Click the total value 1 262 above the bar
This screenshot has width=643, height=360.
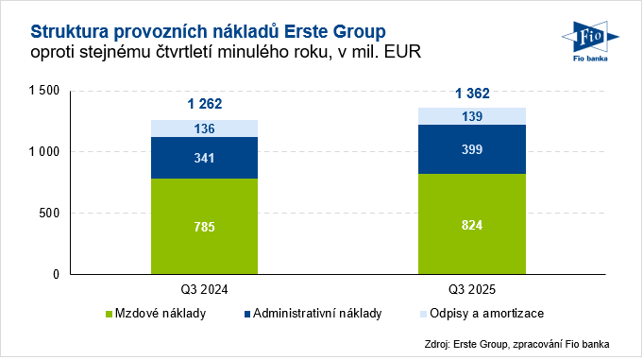[x=204, y=104]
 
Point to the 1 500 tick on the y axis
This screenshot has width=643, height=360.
[x=43, y=91]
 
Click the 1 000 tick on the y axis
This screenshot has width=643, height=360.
[x=43, y=152]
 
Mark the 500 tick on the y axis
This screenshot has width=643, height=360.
[x=49, y=214]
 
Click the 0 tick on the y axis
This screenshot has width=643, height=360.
[x=57, y=275]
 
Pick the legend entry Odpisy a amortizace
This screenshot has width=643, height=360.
[x=482, y=314]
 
